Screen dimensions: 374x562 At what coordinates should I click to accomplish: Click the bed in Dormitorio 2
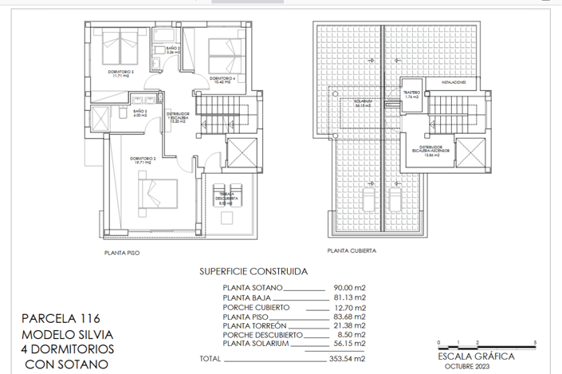[159, 192]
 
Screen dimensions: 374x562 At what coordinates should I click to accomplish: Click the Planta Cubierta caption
[351, 250]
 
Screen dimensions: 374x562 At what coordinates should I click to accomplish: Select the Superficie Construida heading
[250, 271]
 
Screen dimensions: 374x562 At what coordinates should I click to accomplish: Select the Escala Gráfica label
[476, 356]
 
